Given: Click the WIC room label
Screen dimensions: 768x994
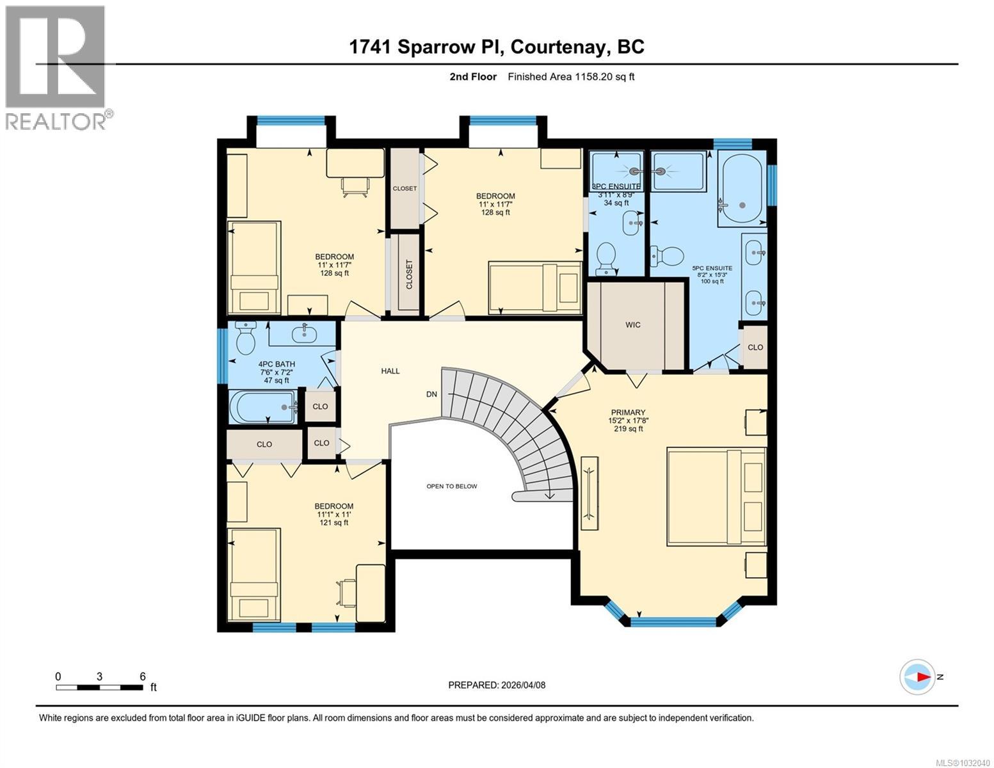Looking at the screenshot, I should (632, 324).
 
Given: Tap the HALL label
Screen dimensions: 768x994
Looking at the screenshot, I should (390, 371).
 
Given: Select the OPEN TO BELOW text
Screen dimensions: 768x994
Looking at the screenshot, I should (451, 486).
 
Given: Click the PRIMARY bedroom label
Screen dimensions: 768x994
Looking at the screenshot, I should (627, 413).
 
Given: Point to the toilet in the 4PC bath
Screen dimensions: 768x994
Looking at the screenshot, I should (245, 339).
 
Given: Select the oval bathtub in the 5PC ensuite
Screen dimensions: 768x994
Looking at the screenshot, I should (742, 188).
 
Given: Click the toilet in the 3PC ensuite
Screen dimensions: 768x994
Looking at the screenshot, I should (605, 257).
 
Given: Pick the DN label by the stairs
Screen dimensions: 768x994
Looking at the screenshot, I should (431, 394).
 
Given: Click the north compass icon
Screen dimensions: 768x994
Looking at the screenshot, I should (918, 676).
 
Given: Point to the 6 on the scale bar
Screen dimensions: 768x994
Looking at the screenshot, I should (142, 676).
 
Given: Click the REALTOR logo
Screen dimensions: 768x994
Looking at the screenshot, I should (56, 67).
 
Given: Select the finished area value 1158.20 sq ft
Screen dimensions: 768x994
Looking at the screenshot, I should (571, 77).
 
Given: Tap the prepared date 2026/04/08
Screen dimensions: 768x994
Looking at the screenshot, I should (497, 685).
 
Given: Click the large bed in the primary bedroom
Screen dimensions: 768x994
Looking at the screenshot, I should (716, 497).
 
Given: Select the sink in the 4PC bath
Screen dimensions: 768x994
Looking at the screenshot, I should (302, 333).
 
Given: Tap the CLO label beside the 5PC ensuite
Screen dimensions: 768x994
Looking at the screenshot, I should (755, 347).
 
